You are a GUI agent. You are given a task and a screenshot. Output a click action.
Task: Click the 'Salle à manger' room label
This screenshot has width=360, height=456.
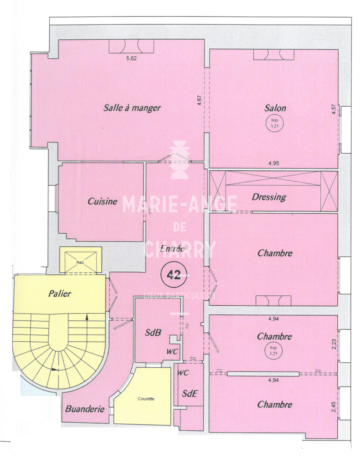[132, 108]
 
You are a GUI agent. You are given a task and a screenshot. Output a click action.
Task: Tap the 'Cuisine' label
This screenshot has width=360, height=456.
[102, 201]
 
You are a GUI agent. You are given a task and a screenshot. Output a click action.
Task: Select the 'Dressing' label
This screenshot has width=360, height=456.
[269, 197]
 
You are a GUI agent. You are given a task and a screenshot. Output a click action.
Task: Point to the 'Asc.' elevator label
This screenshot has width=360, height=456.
[80, 262]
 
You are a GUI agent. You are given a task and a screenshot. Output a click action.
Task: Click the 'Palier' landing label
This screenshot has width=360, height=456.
[60, 294]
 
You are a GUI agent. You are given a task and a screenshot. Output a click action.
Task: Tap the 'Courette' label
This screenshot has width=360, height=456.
[146, 399]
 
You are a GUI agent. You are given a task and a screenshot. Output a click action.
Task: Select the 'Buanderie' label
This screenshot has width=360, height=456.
[85, 409]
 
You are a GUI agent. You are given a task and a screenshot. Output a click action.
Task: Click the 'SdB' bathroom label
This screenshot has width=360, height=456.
[153, 333]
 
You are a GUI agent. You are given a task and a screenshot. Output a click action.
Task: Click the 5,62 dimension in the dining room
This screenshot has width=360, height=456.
[132, 58]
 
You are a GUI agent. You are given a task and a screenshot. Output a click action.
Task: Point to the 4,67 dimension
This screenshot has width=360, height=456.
[200, 100]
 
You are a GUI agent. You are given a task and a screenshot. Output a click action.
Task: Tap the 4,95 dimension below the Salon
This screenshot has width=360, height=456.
[274, 163]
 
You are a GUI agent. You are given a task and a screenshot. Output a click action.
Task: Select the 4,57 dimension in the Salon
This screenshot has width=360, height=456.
[334, 109]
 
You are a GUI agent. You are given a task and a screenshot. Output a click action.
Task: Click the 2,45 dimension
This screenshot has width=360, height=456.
[333, 407]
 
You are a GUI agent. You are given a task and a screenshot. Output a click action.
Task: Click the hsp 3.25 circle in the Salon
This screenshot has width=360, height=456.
[275, 123]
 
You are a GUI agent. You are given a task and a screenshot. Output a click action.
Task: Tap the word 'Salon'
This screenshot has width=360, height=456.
[275, 108]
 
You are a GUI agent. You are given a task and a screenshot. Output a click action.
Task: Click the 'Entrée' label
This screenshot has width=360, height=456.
[172, 248]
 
